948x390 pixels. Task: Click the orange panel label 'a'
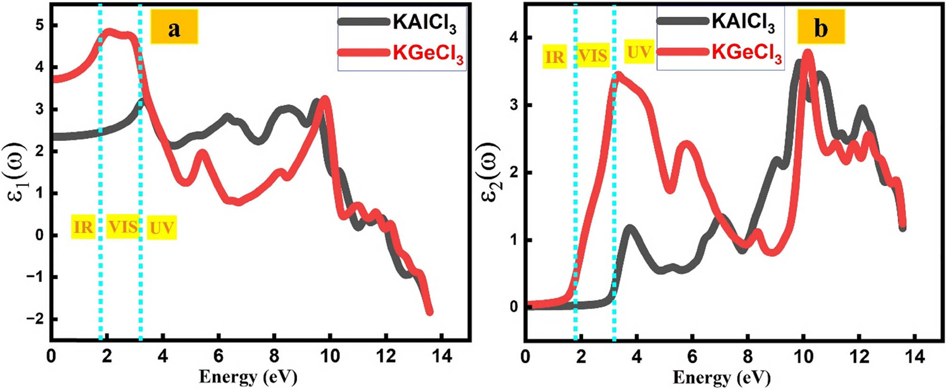tap(174, 28)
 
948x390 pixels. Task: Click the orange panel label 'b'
tap(820, 28)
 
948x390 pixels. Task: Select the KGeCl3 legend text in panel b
tap(746, 53)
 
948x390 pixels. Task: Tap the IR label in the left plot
tap(83, 227)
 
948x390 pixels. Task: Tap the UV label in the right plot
tap(639, 52)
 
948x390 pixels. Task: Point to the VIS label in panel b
tap(593, 56)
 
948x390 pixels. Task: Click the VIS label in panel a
tap(123, 227)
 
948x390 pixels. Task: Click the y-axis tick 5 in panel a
tap(40, 25)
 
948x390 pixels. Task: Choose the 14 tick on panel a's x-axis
tap(442, 356)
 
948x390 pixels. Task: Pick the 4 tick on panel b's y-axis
tap(514, 38)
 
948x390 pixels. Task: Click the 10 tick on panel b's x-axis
tap(803, 356)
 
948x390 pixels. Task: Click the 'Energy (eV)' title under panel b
tap(722, 378)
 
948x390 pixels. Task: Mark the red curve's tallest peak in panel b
tap(808, 54)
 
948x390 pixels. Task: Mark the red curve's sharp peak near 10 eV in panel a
tap(325, 99)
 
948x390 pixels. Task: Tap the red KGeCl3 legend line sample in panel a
tap(363, 52)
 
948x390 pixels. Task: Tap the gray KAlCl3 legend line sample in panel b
tap(682, 21)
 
